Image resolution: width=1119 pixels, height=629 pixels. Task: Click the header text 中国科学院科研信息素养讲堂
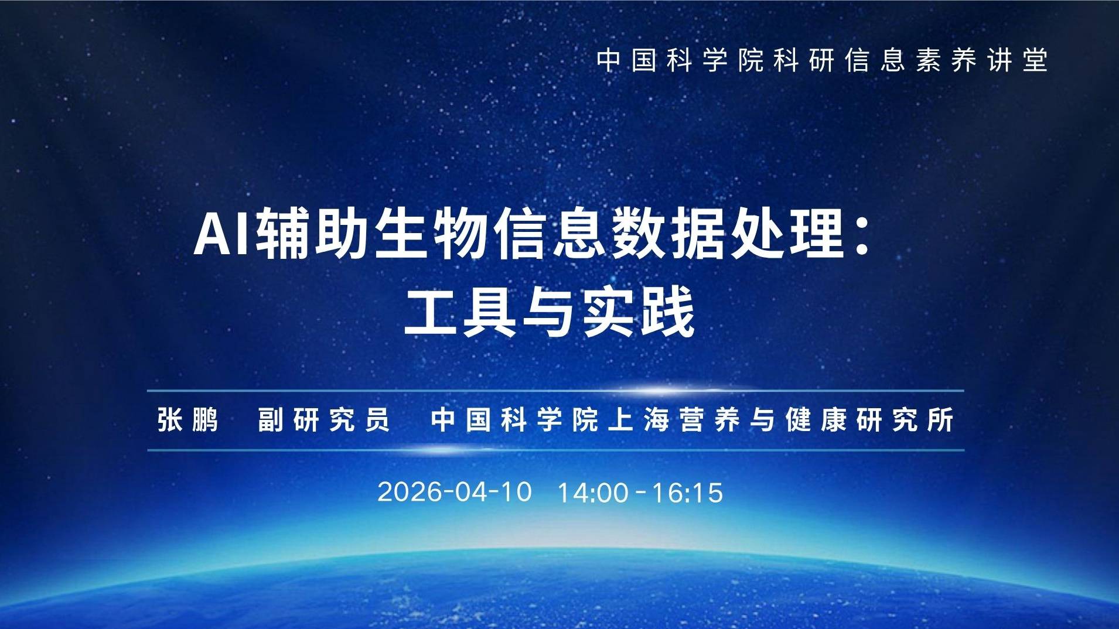tap(822, 60)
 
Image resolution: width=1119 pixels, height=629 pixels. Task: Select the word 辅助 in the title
tap(314, 235)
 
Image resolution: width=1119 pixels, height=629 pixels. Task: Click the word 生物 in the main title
tap(432, 235)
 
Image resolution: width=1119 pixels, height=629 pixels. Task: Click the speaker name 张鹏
tap(188, 419)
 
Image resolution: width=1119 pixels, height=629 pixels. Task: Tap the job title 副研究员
tap(324, 419)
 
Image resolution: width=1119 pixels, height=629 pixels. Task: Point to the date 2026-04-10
tap(455, 491)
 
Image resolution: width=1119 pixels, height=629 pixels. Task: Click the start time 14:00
tap(593, 493)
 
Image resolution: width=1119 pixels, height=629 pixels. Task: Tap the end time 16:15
tap(687, 493)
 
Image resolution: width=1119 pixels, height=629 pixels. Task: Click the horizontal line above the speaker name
tap(555, 390)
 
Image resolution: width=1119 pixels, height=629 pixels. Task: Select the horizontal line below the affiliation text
tap(555, 450)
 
